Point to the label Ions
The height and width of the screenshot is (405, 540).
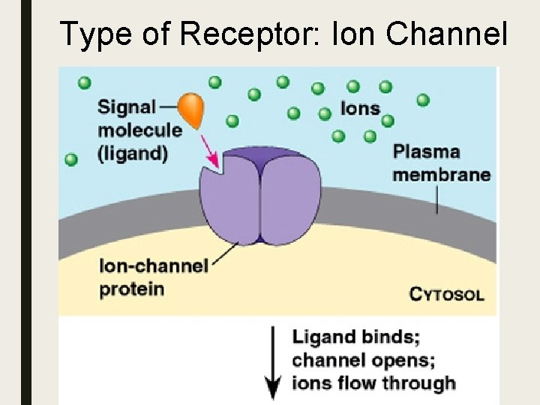click(360, 108)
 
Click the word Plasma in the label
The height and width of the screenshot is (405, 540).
click(426, 152)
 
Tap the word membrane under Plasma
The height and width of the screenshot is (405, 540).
click(442, 175)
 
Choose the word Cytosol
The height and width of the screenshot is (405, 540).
click(446, 293)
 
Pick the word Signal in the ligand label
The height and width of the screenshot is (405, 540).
click(127, 107)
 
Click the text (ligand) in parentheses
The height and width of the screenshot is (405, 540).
click(132, 152)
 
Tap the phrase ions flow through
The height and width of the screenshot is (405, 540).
click(373, 382)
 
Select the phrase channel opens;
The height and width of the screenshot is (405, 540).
click(363, 360)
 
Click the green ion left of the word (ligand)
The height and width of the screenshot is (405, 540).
click(71, 159)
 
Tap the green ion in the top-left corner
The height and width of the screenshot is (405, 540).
click(83, 81)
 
